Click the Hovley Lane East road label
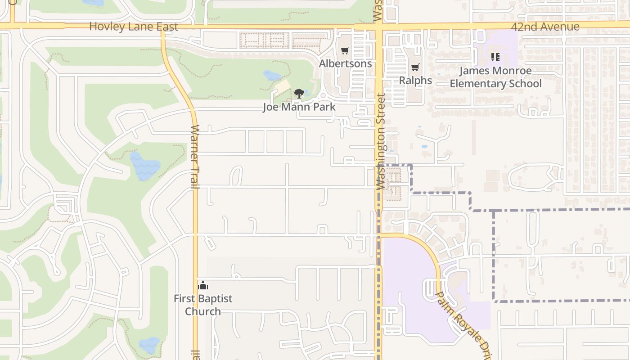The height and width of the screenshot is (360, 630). pyautogui.click(x=134, y=27)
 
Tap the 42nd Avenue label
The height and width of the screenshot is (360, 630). pyautogui.click(x=545, y=27)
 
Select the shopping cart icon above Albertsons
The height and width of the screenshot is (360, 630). pyautogui.click(x=345, y=51)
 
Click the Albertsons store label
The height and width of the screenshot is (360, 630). pyautogui.click(x=345, y=63)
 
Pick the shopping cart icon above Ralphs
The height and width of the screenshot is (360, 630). pyautogui.click(x=415, y=67)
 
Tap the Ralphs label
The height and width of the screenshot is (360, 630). pyautogui.click(x=415, y=81)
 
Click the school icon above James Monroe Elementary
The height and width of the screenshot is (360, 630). pyautogui.click(x=495, y=57)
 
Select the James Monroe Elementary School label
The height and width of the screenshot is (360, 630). pyautogui.click(x=495, y=77)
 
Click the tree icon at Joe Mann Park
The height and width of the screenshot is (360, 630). pyautogui.click(x=299, y=94)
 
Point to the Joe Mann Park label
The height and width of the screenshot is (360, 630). pyautogui.click(x=299, y=107)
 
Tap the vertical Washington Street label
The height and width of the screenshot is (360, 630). pyautogui.click(x=381, y=141)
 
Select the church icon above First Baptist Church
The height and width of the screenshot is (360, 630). pyautogui.click(x=203, y=285)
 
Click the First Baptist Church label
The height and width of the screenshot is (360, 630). pyautogui.click(x=203, y=305)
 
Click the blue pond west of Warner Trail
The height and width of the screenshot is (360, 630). pyautogui.click(x=144, y=166)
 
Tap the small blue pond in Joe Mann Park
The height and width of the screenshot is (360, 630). pyautogui.click(x=271, y=75)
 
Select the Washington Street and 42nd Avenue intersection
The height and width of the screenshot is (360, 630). pyautogui.click(x=378, y=26)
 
